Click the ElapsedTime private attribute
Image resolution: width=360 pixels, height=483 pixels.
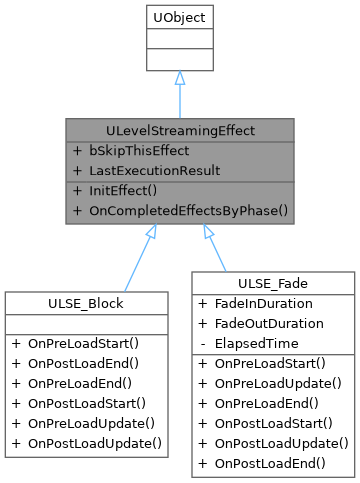tap(255, 343)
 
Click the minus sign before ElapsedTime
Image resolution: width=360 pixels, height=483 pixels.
tap(203, 343)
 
